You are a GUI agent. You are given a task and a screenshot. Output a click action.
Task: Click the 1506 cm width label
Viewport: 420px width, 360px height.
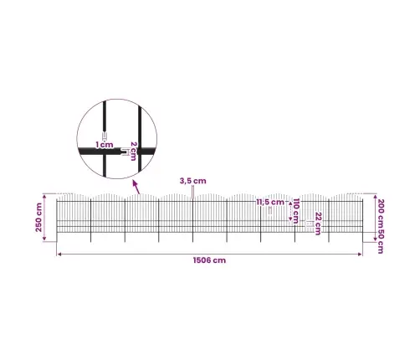(x=209, y=260)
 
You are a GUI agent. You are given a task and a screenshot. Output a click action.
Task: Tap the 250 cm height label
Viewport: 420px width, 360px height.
(x=38, y=218)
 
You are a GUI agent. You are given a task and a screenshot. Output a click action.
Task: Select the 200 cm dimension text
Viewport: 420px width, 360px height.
(x=380, y=213)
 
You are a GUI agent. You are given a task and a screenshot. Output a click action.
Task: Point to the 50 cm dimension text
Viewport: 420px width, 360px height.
(x=380, y=242)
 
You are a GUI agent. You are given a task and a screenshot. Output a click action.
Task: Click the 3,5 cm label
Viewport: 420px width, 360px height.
(x=192, y=181)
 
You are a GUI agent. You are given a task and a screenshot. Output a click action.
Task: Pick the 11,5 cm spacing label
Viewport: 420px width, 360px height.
(x=270, y=202)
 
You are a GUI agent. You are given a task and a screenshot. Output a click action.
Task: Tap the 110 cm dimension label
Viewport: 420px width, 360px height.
(x=296, y=211)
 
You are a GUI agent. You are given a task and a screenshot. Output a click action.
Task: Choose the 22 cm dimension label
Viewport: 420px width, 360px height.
(x=318, y=224)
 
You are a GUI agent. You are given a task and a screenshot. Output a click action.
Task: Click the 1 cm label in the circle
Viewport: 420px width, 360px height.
(x=105, y=145)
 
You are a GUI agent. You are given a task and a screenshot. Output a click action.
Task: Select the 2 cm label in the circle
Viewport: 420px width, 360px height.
(x=134, y=151)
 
